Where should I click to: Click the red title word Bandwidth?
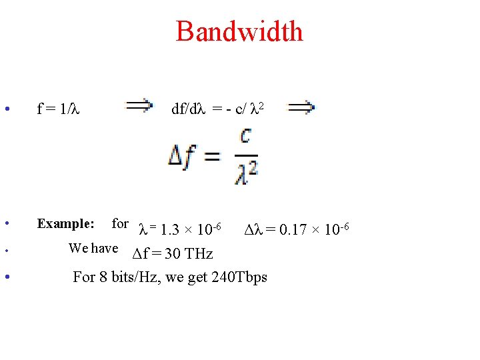(x=239, y=31)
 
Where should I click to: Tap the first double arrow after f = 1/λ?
(x=139, y=106)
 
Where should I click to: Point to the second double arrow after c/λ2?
(x=301, y=106)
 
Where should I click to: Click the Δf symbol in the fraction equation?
(x=182, y=157)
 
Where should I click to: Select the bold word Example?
(x=65, y=223)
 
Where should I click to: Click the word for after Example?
(x=120, y=223)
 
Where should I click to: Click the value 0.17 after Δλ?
(x=293, y=231)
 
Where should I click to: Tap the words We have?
(x=93, y=248)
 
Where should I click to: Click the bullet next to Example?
(x=6, y=223)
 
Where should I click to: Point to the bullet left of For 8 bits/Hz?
(x=6, y=276)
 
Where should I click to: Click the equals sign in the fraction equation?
(x=212, y=158)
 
